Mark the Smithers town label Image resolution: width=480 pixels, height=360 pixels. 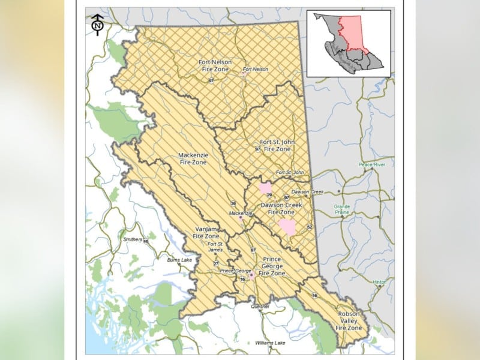click(133, 239)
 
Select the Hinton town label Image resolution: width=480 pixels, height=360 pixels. click(379, 281)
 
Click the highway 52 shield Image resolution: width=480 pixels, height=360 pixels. click(310, 227)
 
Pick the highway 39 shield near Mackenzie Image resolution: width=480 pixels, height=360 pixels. click(233, 204)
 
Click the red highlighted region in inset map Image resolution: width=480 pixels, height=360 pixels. click(359, 33)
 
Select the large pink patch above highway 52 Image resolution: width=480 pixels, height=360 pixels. click(287, 227)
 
